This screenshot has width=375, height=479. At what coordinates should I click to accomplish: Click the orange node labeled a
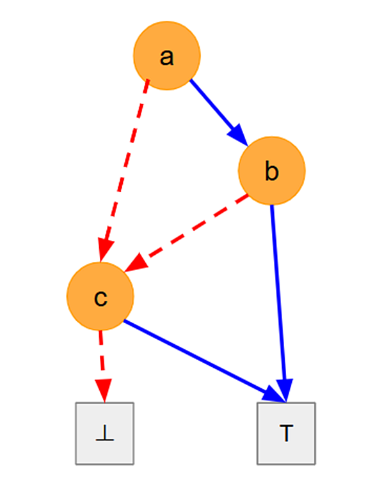[x=167, y=56]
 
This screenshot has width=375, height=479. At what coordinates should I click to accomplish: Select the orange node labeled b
[x=272, y=171]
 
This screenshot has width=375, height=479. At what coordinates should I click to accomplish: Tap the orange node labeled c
[x=100, y=296]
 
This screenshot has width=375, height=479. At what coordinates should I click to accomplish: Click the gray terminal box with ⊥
[x=105, y=434]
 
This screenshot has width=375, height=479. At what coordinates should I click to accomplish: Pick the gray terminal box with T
[x=286, y=434]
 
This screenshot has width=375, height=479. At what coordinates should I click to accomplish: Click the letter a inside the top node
[x=167, y=57]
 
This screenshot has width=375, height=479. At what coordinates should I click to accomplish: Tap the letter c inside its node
[x=100, y=298]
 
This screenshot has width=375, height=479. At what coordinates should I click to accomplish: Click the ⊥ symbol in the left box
[x=105, y=433]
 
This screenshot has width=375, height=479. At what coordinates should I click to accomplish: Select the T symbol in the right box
[x=286, y=433]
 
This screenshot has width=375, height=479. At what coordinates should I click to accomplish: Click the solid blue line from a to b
[x=219, y=112]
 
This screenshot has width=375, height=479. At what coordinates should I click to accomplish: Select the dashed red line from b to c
[x=186, y=233]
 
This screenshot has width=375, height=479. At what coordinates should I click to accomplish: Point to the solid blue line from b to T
[x=278, y=303]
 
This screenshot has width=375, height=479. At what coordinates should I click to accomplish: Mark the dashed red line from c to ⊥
[x=102, y=367]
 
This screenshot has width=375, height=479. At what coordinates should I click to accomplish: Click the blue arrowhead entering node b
[x=239, y=135]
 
